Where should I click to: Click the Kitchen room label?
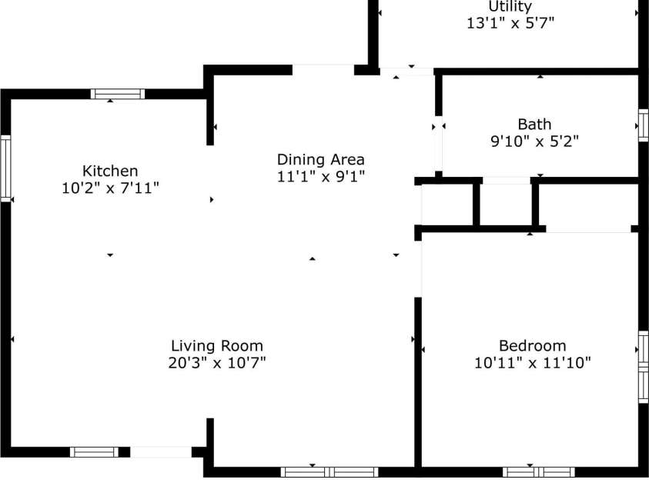click(110, 171)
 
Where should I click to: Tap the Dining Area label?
click(320, 160)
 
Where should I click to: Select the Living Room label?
click(216, 346)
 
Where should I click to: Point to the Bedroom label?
click(532, 346)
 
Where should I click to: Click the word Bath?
click(534, 124)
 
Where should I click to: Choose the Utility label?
click(510, 7)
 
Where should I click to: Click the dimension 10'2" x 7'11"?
click(110, 187)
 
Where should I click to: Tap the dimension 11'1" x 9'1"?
click(320, 176)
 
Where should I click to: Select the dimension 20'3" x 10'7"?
click(216, 363)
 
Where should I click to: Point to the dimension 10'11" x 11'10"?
click(532, 363)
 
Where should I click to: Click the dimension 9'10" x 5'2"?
click(534, 141)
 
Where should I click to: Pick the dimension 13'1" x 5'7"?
click(510, 23)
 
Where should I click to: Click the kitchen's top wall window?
click(117, 94)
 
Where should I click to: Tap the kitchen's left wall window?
click(5, 168)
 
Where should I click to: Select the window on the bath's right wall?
click(643, 125)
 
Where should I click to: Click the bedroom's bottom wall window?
click(538, 471)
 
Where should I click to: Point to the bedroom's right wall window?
click(643, 367)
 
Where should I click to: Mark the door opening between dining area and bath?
click(438, 146)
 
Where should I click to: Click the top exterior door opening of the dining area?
click(323, 69)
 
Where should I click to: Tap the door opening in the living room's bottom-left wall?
click(160, 452)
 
